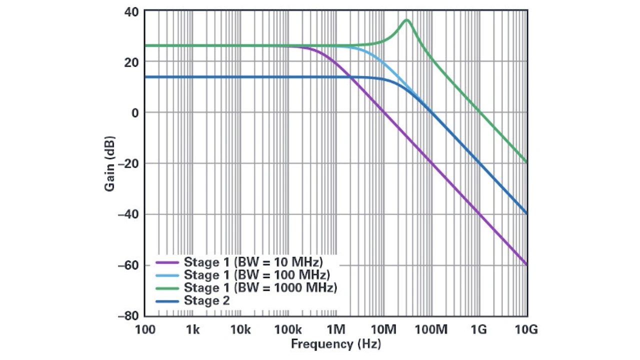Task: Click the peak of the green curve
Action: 406,20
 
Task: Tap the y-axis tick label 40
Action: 131,11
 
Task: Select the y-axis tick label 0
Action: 135,112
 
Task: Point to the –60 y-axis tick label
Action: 128,265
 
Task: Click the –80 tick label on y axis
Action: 128,316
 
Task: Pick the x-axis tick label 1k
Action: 192,329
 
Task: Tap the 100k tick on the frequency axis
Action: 288,329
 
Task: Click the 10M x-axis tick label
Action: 383,329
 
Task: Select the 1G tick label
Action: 479,329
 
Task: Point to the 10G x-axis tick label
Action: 527,329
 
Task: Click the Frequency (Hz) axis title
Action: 335,344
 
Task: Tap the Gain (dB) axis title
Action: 110,163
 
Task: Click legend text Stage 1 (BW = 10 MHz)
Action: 253,262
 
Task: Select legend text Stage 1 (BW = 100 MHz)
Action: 256,275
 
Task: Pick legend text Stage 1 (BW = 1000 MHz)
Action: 260,288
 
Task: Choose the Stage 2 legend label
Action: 206,300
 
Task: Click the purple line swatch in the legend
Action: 167,262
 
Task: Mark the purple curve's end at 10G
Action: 527,264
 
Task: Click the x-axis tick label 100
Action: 145,329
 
